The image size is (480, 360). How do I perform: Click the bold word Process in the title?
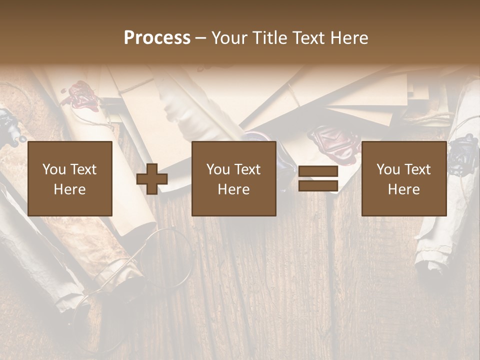(157, 38)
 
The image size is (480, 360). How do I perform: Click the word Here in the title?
(348, 38)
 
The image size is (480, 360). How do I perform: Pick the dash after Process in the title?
(200, 39)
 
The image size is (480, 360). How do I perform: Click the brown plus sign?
(152, 179)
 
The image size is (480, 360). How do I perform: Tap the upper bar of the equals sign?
(318, 171)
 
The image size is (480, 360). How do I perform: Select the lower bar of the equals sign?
(318, 186)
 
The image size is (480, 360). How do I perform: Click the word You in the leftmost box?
(54, 169)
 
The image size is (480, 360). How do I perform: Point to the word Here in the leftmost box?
(69, 189)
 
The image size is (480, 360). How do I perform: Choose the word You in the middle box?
(218, 169)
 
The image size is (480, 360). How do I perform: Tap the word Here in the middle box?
(233, 189)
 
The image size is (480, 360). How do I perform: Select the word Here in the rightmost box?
(403, 189)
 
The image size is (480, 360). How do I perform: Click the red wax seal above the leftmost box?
(80, 96)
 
